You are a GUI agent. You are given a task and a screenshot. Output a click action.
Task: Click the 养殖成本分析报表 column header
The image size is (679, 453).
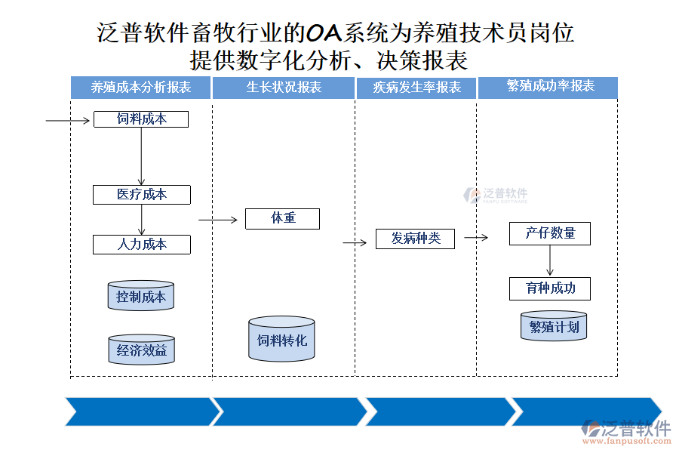140,88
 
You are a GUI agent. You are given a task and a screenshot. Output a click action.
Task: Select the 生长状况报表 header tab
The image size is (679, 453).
284,88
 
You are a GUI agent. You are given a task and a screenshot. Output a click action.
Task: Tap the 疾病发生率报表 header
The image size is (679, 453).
416,88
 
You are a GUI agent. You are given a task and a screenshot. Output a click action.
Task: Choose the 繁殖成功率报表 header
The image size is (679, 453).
548,87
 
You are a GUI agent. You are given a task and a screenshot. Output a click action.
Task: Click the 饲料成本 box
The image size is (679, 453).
141,119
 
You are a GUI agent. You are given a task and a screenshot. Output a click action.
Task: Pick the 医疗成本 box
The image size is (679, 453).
142,195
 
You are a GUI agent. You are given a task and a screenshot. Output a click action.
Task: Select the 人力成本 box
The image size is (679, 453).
142,245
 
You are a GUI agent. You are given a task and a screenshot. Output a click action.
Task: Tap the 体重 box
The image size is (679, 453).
283,219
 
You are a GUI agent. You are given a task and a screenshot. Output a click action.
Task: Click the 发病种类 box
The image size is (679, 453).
415,239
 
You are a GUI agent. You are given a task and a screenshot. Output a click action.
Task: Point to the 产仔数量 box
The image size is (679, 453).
550,234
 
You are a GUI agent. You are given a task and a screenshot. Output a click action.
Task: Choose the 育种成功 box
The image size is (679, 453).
550,288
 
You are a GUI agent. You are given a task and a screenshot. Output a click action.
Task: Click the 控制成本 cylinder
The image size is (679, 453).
141,296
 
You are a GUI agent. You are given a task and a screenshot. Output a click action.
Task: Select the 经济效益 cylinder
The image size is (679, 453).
141,350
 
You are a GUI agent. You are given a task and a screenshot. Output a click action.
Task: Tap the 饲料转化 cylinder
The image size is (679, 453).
282,339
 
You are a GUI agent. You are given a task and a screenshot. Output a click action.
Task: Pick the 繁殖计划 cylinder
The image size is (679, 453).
554,326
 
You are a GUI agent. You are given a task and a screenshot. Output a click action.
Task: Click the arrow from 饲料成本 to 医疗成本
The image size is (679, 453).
142,156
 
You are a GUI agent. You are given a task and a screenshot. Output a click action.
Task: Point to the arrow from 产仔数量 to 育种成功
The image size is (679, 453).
550,261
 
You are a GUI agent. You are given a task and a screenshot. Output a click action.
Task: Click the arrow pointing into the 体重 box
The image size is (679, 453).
217,220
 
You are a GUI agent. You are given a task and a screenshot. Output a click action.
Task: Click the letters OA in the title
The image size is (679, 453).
324,32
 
